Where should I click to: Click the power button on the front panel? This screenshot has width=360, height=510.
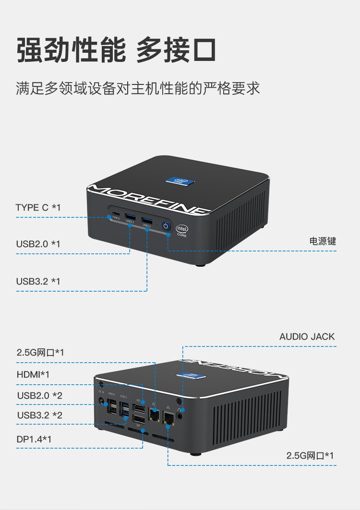(x=166, y=225)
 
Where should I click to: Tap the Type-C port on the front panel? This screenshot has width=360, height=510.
(x=115, y=214)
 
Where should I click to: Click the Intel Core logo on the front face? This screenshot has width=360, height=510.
(x=182, y=231)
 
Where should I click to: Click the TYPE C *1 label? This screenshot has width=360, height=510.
(x=38, y=208)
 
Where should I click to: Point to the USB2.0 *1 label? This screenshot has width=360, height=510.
(x=38, y=244)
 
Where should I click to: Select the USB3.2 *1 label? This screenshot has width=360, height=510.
(x=38, y=281)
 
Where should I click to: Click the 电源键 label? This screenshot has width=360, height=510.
(x=323, y=241)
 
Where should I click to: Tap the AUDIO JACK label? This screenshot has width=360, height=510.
(x=307, y=336)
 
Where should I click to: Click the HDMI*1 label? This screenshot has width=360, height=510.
(x=33, y=374)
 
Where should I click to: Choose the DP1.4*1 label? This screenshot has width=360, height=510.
(x=34, y=439)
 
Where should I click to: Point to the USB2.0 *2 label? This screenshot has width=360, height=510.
(x=40, y=396)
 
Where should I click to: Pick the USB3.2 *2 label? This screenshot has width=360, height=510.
(x=40, y=415)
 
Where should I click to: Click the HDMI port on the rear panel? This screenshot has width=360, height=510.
(x=139, y=409)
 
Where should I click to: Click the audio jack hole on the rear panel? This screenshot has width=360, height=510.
(x=180, y=416)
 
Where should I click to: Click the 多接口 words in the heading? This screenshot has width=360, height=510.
(x=176, y=50)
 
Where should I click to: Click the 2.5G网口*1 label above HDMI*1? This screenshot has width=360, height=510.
(x=40, y=353)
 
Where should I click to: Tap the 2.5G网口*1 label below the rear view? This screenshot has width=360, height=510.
(x=310, y=455)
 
